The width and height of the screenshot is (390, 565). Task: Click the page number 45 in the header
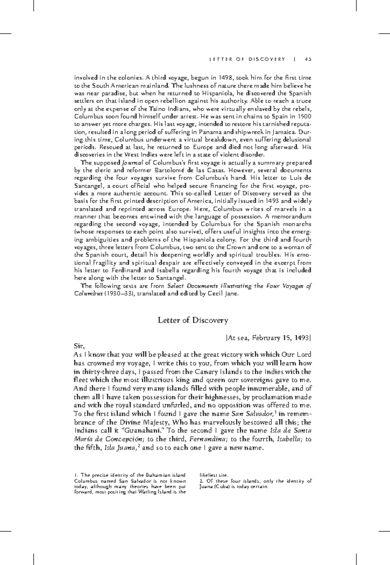(x=308, y=59)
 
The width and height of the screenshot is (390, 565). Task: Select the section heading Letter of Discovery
(x=193, y=320)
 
